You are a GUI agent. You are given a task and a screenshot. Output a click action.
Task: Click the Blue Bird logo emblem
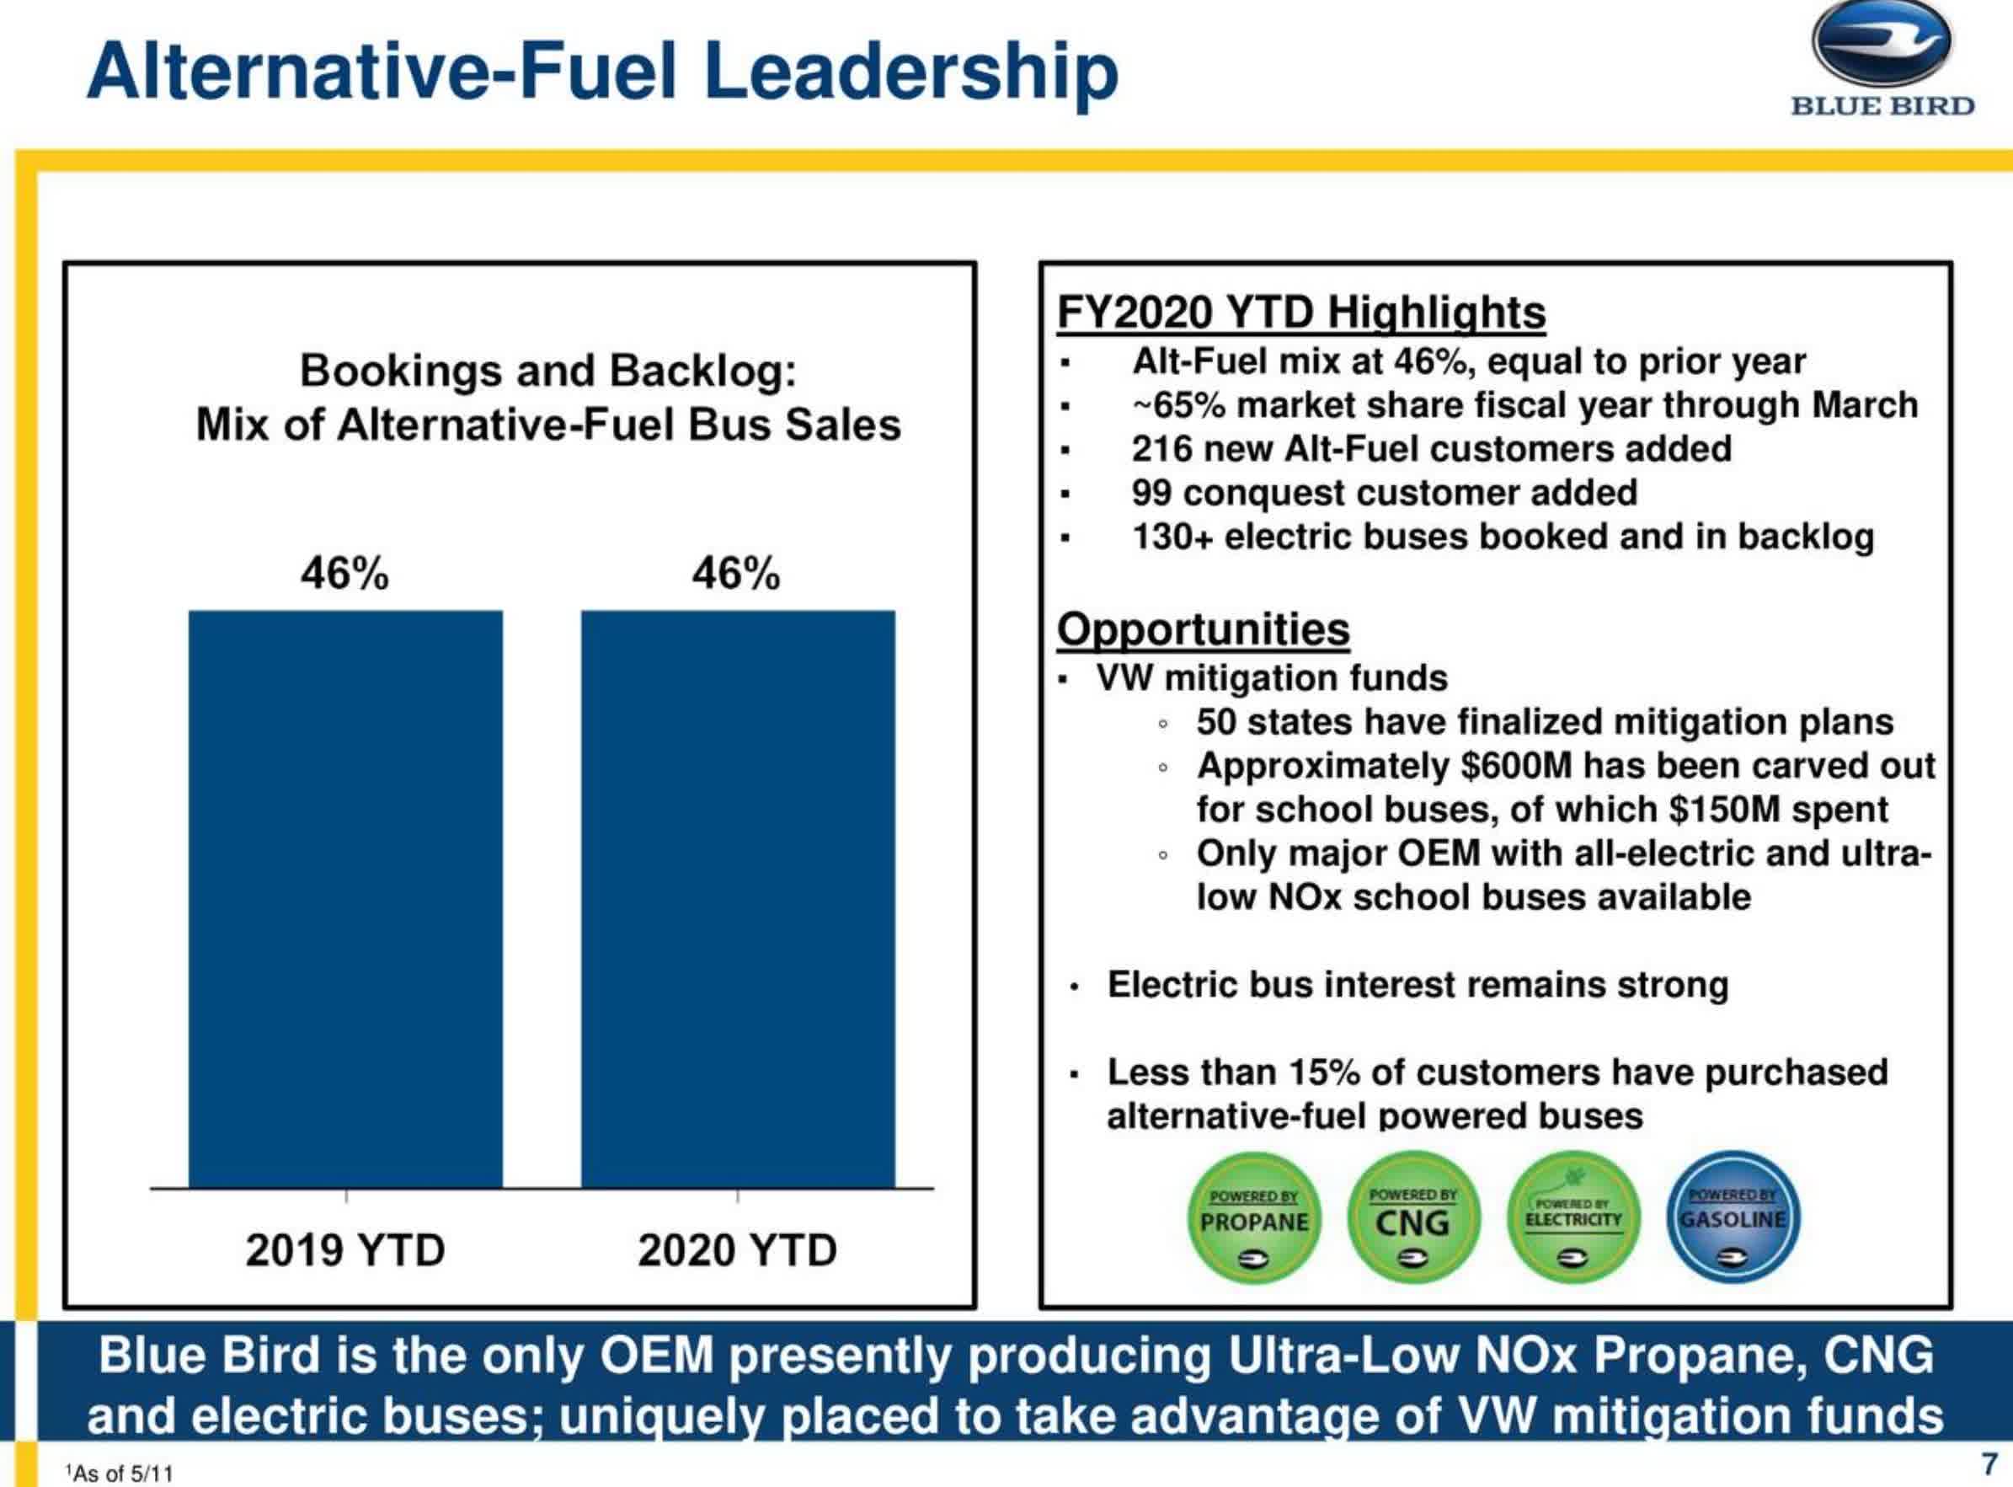coord(1881,45)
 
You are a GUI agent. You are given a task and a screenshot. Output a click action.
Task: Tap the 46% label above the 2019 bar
coord(344,574)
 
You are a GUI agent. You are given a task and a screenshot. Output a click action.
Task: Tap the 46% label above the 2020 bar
coord(736,574)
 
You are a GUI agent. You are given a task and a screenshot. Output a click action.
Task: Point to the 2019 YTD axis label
coord(345,1250)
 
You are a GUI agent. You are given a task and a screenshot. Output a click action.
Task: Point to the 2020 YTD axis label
coord(737,1250)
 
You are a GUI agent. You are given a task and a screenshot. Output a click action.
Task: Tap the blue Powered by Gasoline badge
coord(1733,1218)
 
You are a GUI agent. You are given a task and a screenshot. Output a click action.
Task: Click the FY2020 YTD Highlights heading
coord(1300,313)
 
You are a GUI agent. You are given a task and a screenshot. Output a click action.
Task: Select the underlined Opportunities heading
coord(1203,629)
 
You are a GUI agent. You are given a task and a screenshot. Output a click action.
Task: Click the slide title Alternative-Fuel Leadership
coord(602,72)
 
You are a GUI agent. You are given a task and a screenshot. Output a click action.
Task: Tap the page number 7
coord(1989,1463)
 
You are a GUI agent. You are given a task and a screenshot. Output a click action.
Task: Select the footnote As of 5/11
coord(120,1474)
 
